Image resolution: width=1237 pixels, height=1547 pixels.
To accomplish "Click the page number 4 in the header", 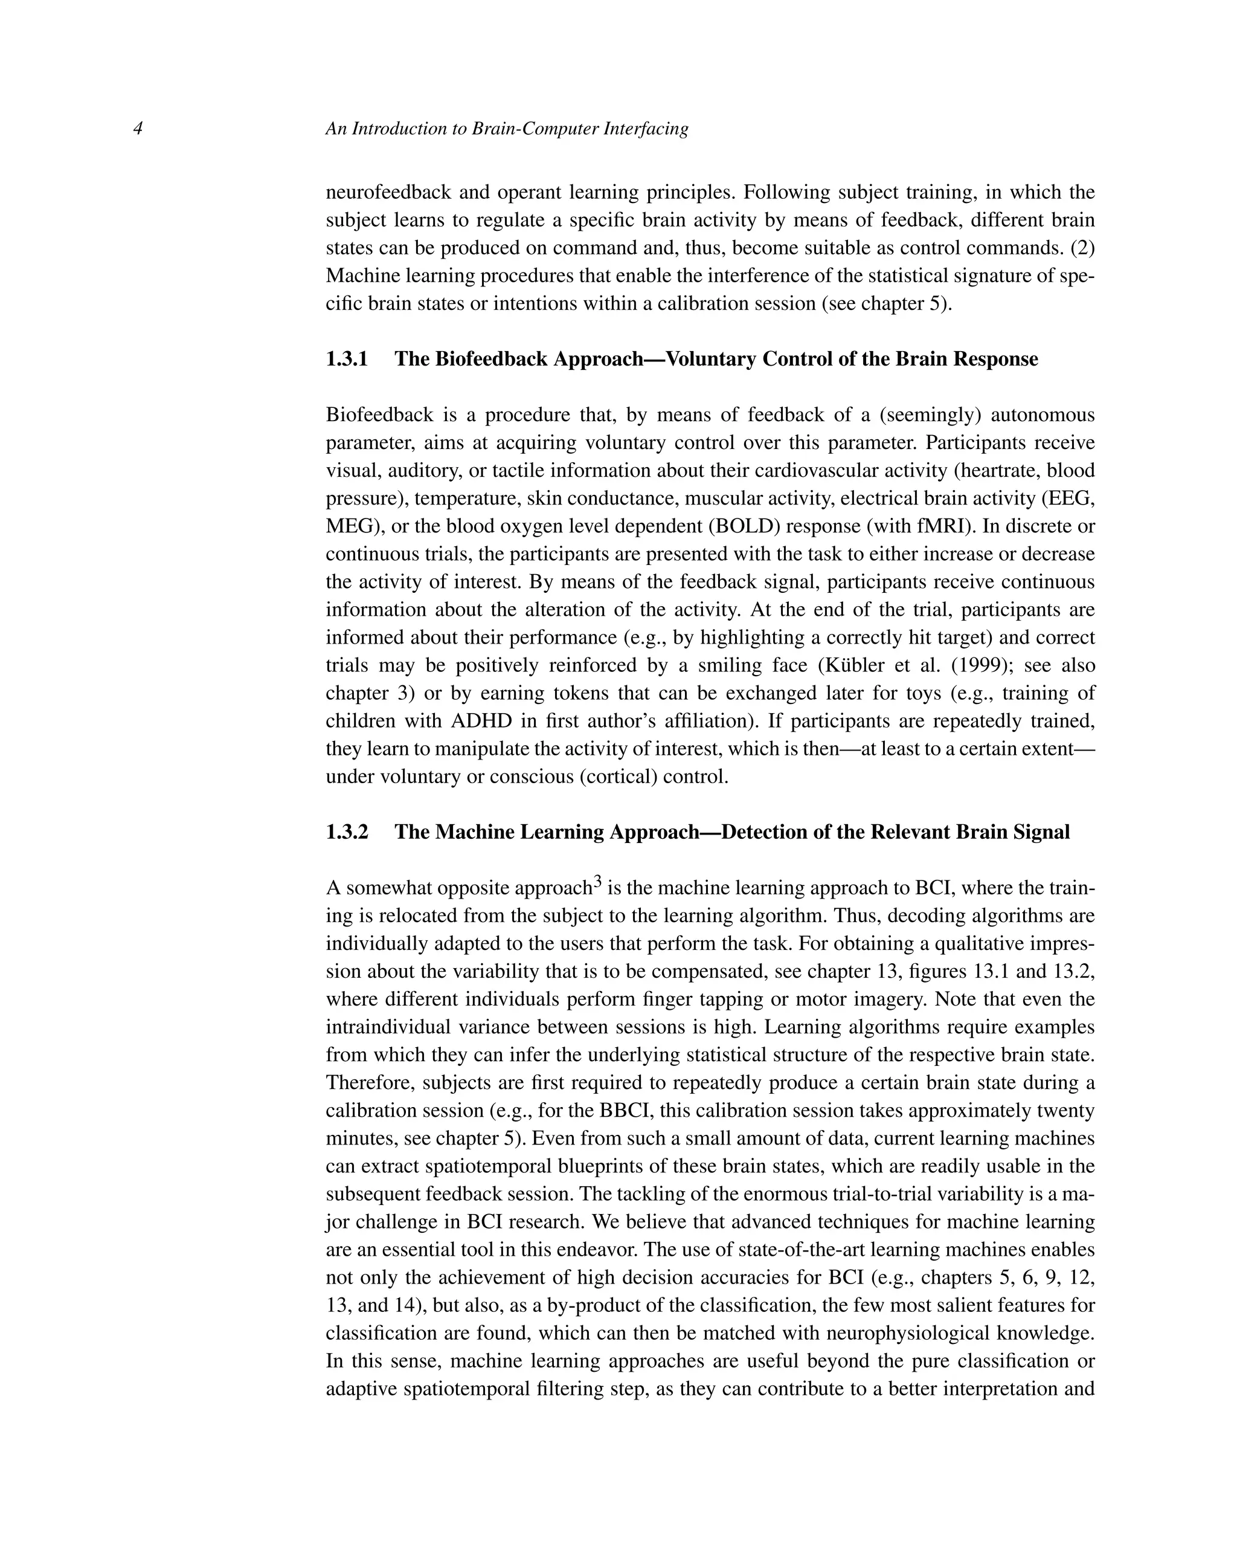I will (x=138, y=129).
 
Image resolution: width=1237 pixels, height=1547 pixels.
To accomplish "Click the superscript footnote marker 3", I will (x=596, y=881).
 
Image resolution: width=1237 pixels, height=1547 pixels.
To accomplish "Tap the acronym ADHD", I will (x=480, y=720).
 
